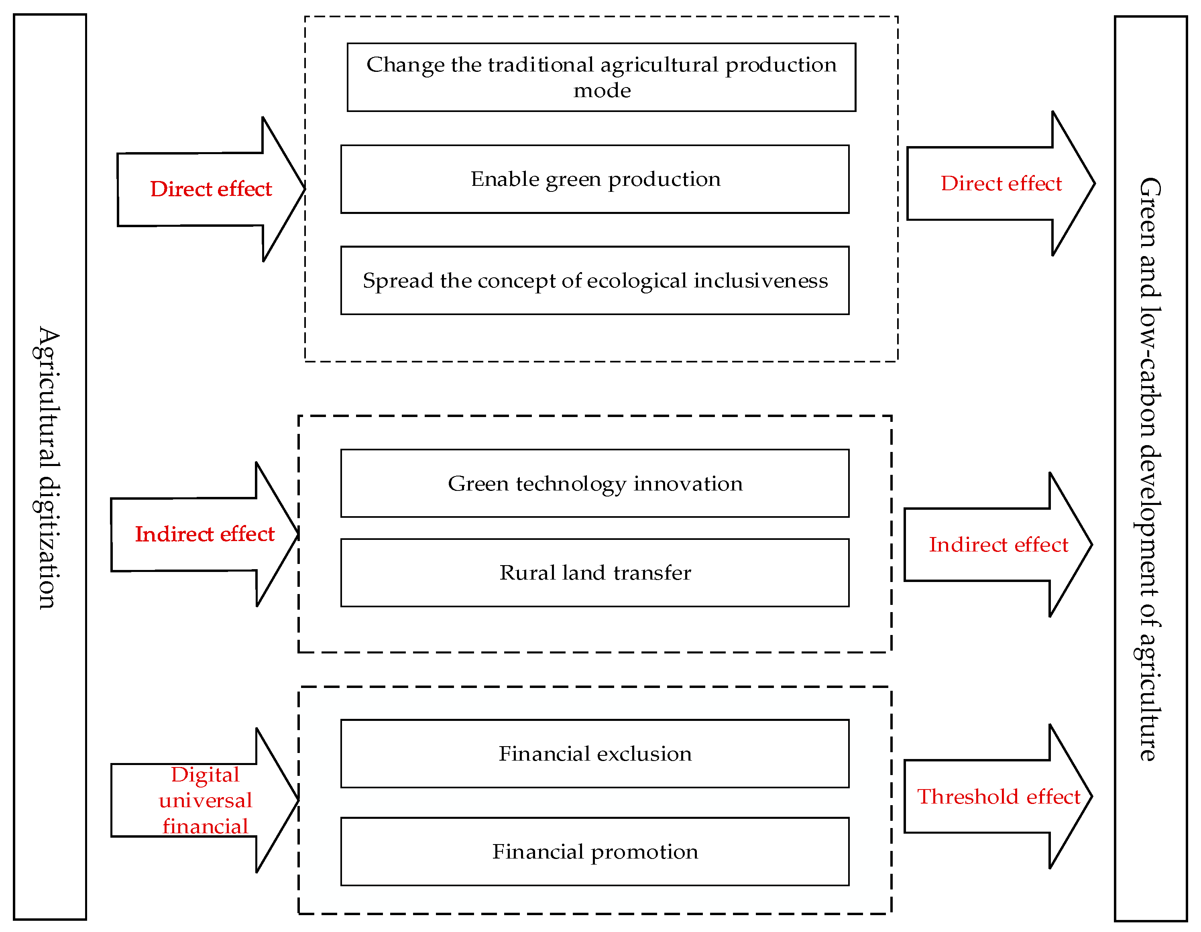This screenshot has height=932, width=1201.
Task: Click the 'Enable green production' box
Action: point(594,179)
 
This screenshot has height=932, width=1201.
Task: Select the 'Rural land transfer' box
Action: point(594,573)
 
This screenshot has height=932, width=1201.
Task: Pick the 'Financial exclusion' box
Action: point(594,754)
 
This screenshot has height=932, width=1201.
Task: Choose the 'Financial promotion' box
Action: point(594,852)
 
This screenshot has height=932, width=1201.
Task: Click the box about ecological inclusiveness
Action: point(594,281)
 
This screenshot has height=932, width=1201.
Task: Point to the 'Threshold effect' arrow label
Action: point(999,797)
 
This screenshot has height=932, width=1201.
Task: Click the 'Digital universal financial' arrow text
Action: point(205,801)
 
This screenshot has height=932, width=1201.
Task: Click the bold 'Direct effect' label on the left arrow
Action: point(211,189)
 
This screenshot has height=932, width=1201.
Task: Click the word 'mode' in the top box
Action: point(602,91)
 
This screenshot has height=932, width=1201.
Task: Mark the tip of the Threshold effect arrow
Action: point(1091,796)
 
